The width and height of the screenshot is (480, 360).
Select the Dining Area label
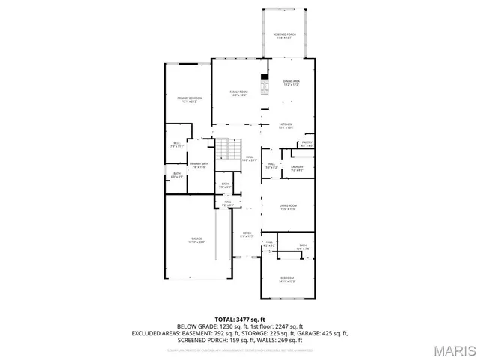[x=291, y=82]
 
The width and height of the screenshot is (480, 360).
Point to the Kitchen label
[x=286, y=126]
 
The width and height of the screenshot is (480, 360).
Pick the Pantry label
[x=307, y=143]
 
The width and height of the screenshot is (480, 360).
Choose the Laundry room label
[x=297, y=168]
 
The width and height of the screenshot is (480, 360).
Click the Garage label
[x=196, y=240]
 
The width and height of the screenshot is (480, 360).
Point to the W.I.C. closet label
[x=176, y=145]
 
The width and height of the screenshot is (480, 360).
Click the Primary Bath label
[x=199, y=166]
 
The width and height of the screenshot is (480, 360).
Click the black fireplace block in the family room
[x=264, y=76]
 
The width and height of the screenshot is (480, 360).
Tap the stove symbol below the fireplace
[x=264, y=88]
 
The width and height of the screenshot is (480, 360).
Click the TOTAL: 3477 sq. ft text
[x=239, y=318]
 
